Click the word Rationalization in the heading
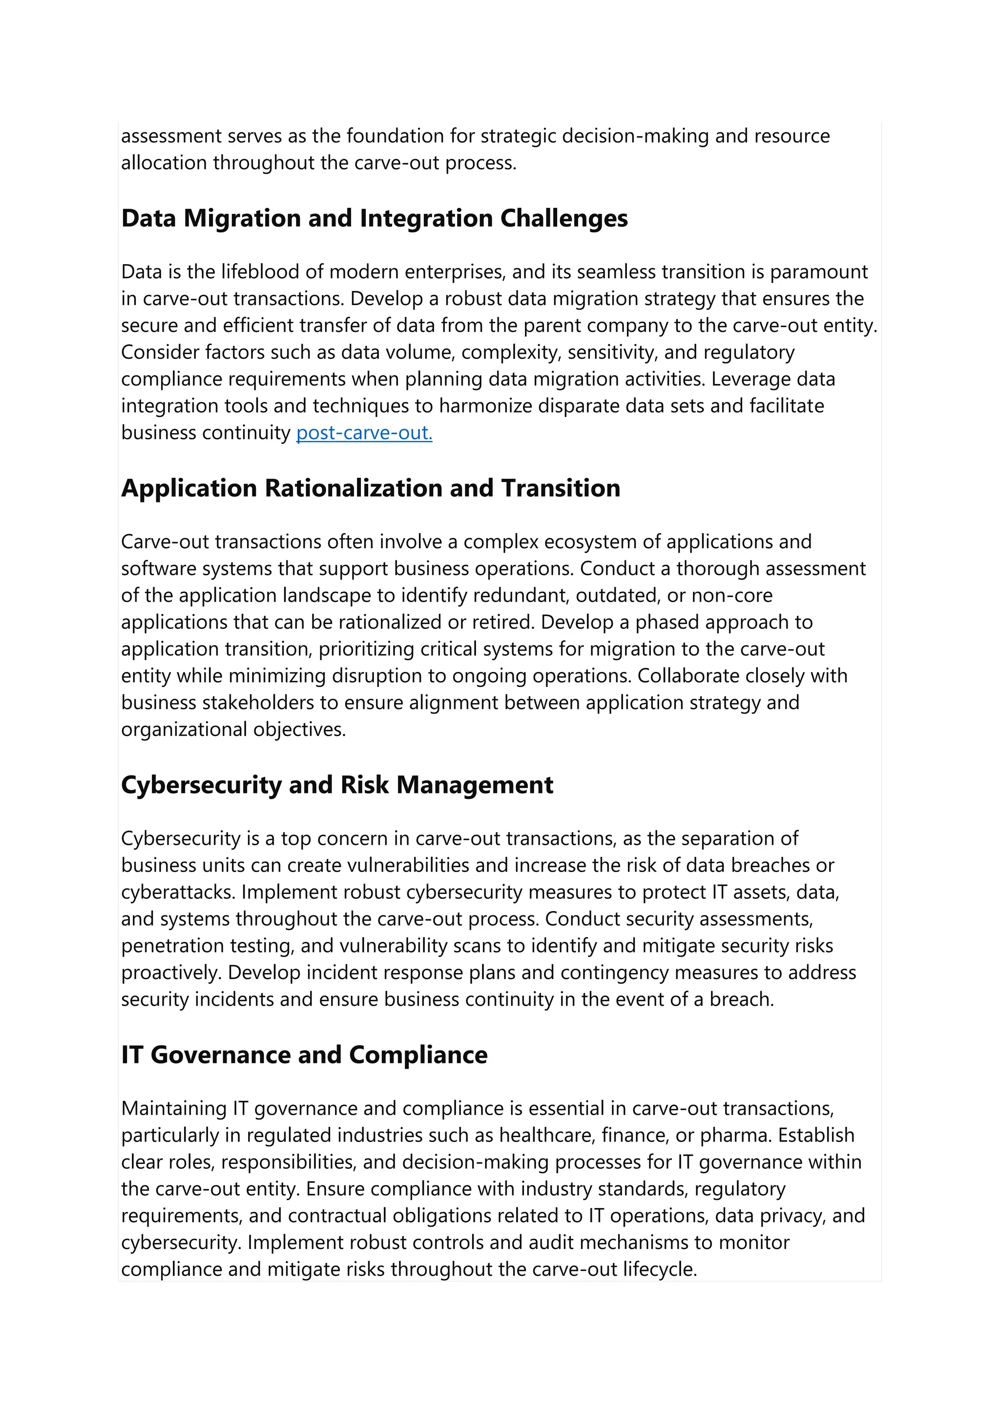(353, 488)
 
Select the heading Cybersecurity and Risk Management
(337, 785)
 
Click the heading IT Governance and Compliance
(304, 1055)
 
